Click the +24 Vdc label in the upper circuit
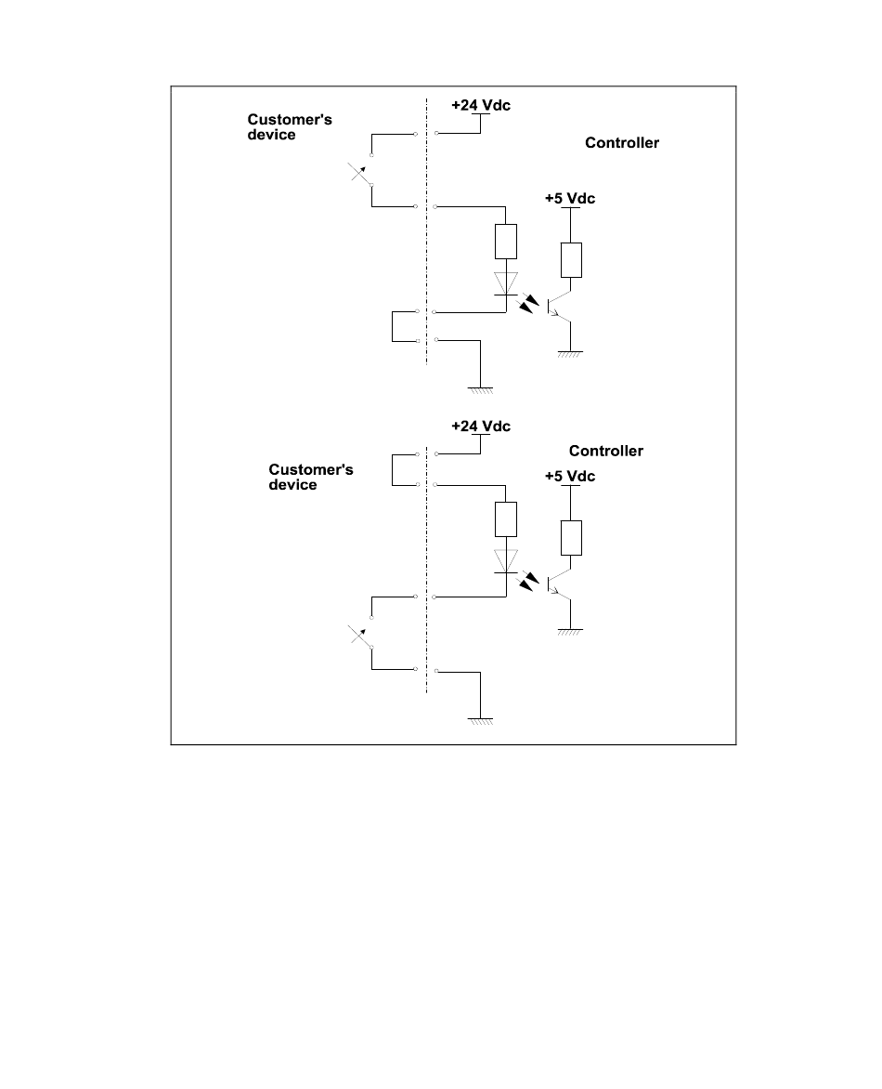click(481, 105)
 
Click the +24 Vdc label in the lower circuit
click(480, 426)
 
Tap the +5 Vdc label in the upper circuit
click(569, 199)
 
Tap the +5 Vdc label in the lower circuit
click(569, 477)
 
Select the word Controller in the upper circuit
click(621, 143)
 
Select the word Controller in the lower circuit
click(605, 451)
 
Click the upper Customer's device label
click(277, 127)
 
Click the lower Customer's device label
click(310, 478)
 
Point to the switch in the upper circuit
click(360, 173)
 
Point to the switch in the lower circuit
click(360, 634)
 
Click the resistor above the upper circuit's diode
click(505, 242)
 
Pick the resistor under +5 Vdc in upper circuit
click(571, 259)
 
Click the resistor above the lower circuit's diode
click(505, 519)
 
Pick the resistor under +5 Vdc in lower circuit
click(571, 537)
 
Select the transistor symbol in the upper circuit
click(557, 306)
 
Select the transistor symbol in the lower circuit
click(557, 584)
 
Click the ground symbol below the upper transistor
click(570, 353)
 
